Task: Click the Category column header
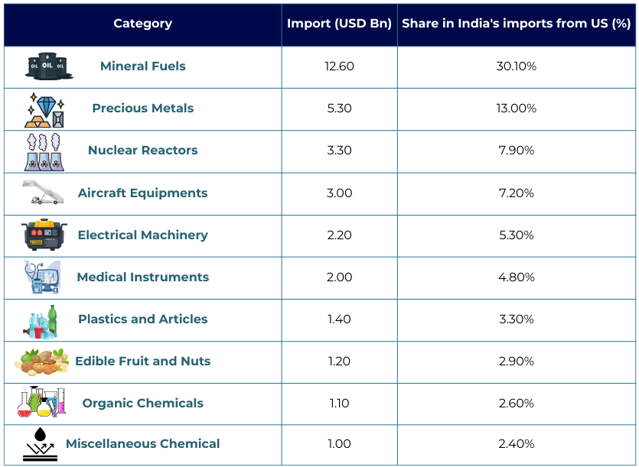142,24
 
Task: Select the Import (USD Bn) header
339,24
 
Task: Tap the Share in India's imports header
516,24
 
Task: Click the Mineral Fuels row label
143,66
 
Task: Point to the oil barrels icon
49,66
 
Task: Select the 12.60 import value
339,66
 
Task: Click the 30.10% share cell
516,66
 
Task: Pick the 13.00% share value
516,109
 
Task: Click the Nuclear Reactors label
143,151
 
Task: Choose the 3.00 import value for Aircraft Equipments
339,193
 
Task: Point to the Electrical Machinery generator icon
46,235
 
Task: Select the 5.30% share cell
516,235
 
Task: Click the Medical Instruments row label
143,277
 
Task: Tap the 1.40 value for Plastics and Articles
339,319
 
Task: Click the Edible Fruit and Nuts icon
41,362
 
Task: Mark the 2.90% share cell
516,362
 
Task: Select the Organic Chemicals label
143,404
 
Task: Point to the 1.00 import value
339,444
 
